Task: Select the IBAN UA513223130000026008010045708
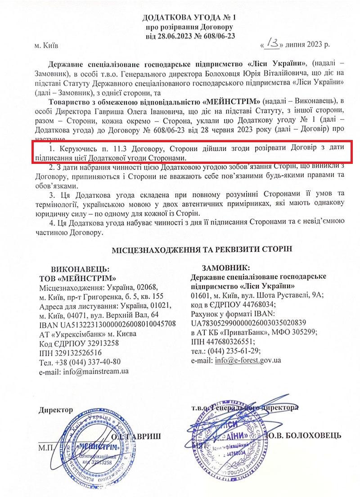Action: click(x=107, y=324)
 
